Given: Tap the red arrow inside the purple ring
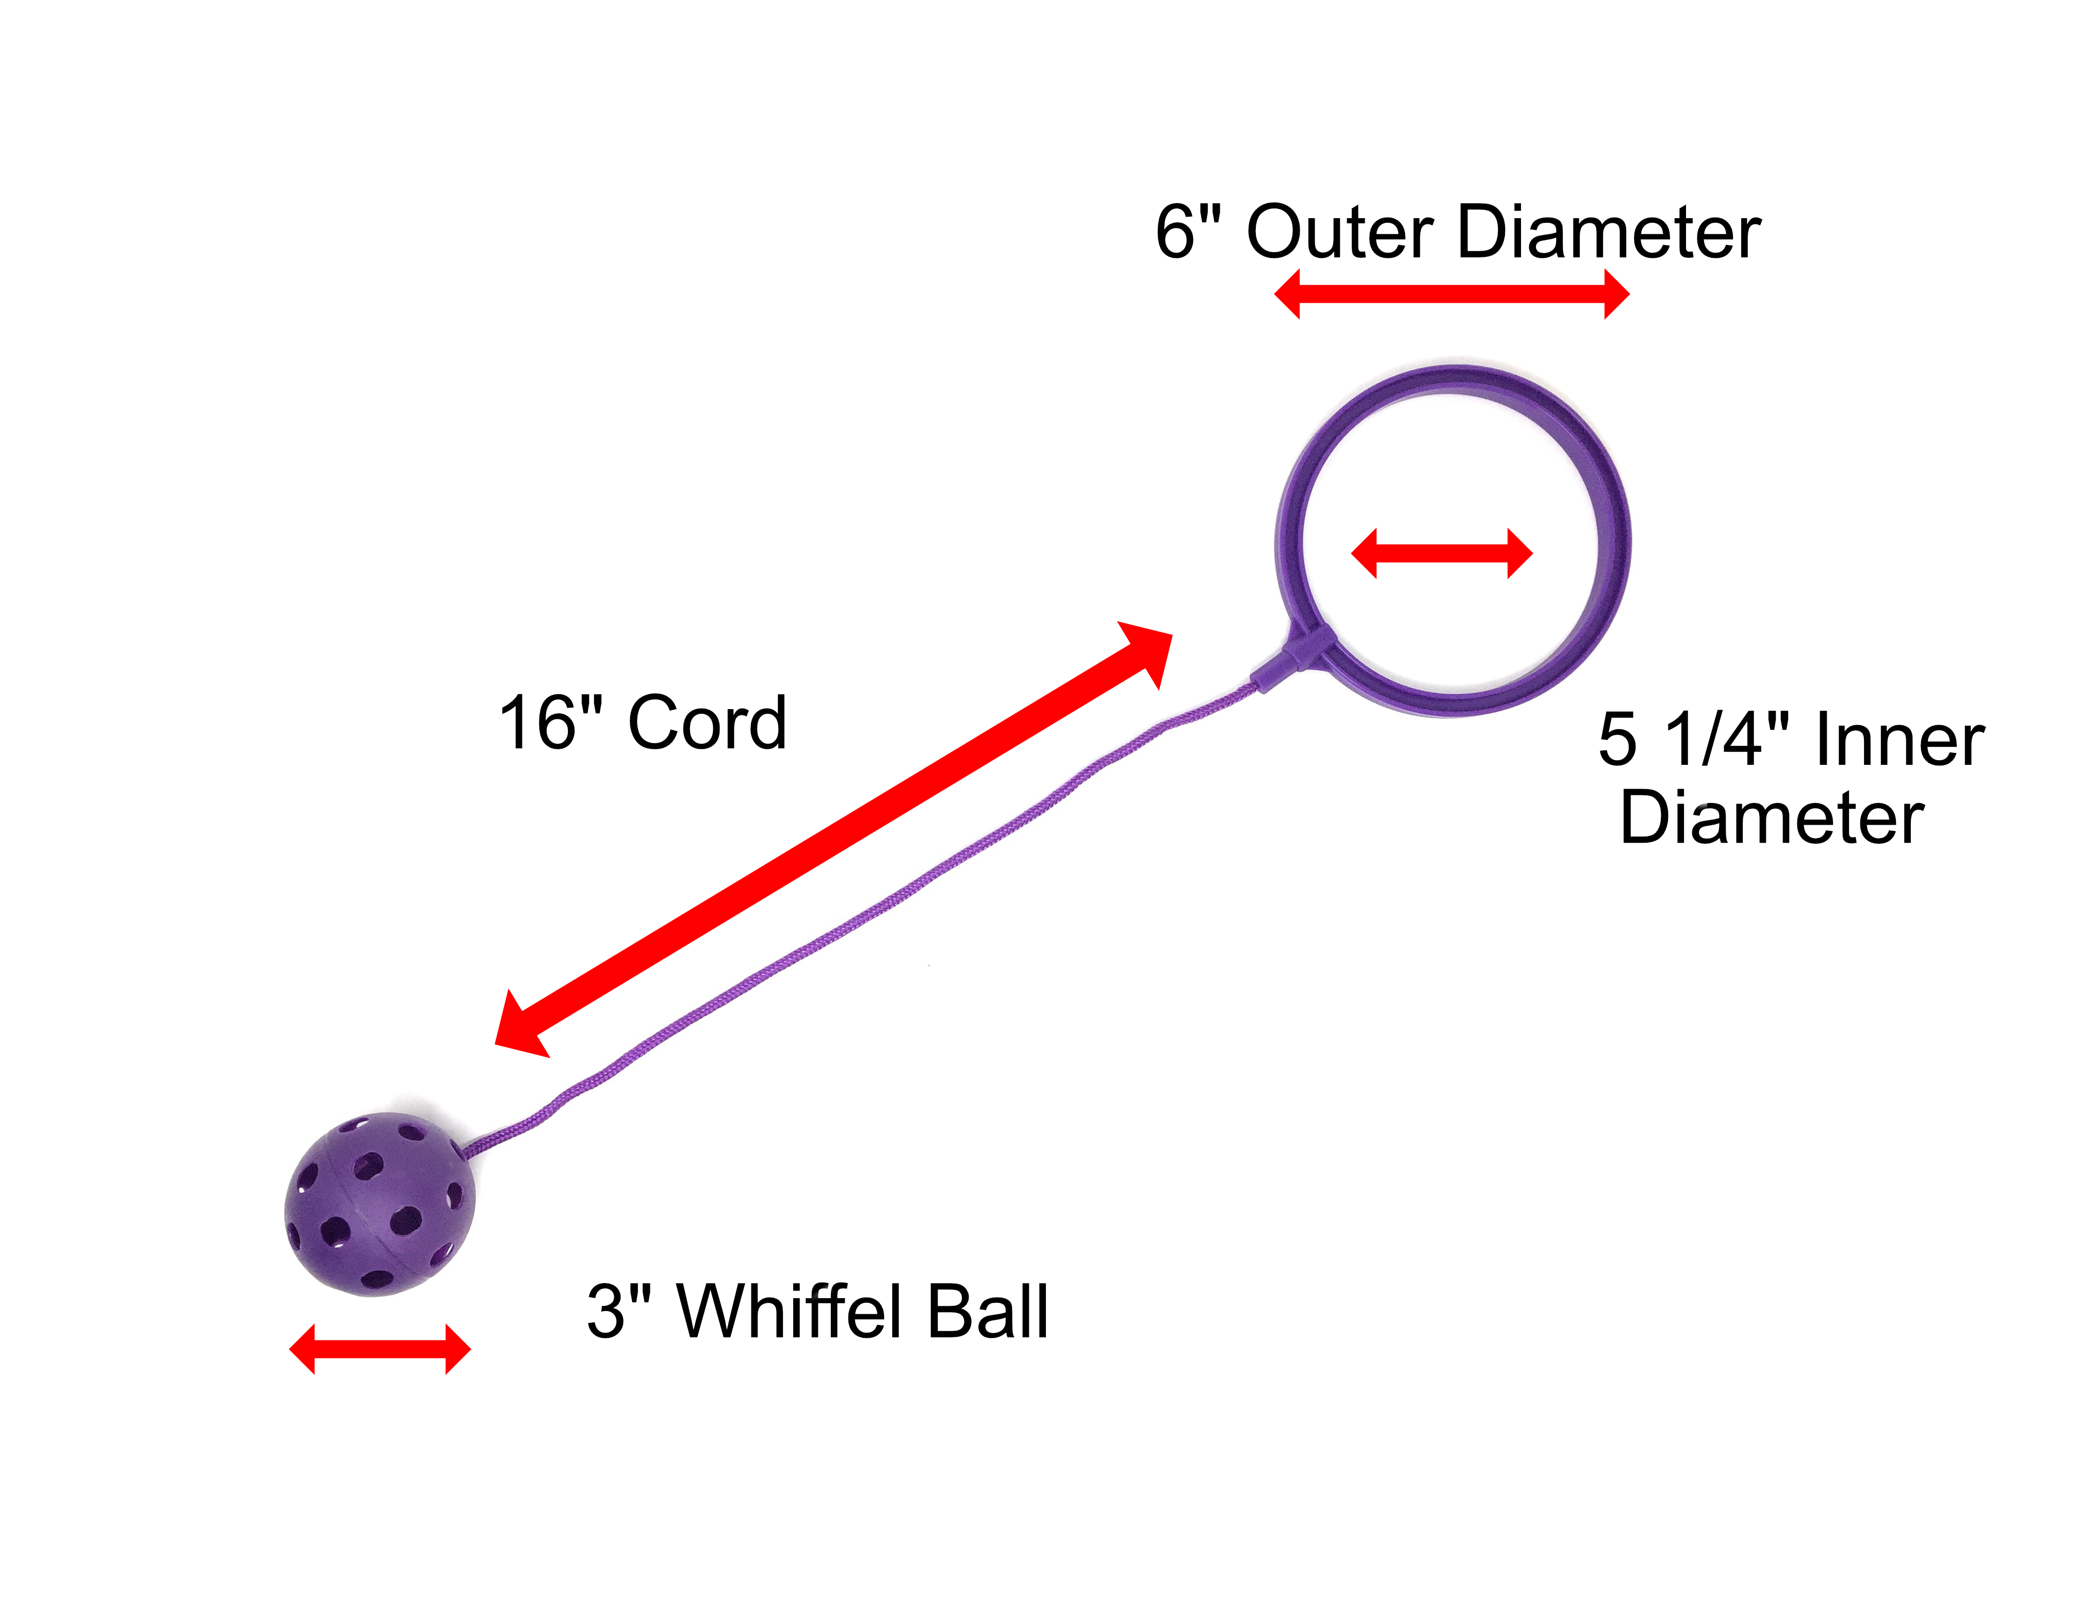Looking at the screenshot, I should point(1442,553).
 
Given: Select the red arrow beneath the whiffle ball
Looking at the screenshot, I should point(379,1350).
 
